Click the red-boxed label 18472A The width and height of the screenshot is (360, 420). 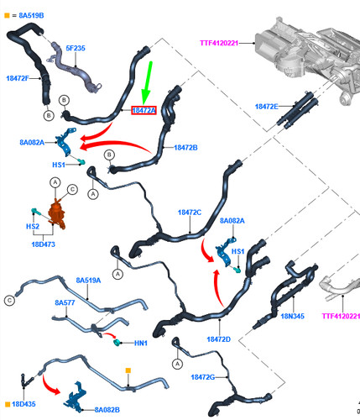click(143, 110)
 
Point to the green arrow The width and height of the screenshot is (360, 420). click(148, 83)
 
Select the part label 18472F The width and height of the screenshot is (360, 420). click(18, 78)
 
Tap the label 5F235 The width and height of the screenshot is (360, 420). click(76, 48)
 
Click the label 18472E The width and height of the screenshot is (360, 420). click(267, 107)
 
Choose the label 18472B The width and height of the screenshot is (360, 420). click(185, 148)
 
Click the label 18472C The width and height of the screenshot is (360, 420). click(190, 213)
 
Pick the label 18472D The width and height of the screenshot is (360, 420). click(219, 339)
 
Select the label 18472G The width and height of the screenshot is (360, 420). click(203, 377)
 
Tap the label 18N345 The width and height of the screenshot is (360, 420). click(293, 316)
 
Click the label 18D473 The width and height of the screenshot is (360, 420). click(44, 244)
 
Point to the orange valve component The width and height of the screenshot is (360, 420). click(57, 214)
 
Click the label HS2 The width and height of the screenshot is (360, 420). click(33, 226)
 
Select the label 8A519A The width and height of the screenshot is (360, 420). click(88, 281)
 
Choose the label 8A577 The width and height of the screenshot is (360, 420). click(65, 302)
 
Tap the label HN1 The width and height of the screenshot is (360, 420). click(141, 343)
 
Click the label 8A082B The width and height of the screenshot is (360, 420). click(107, 410)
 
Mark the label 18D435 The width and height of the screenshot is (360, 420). click(23, 404)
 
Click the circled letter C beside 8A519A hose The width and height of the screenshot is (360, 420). click(10, 301)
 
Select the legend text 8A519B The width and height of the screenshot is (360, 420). click(31, 15)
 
